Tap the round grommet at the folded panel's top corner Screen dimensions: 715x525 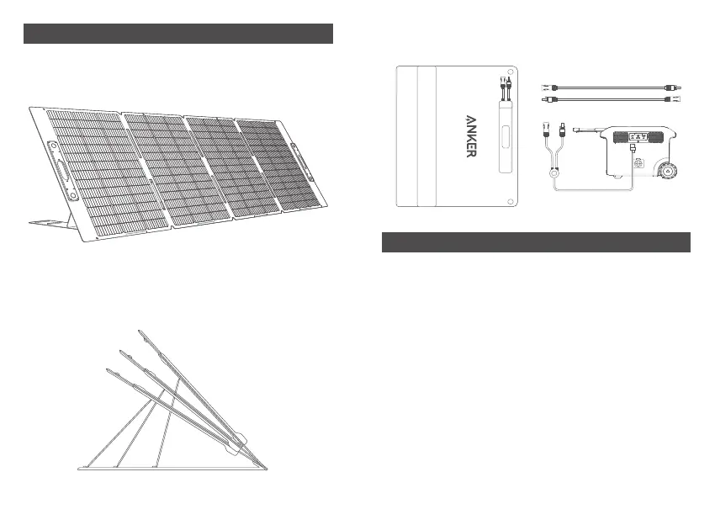coord(512,72)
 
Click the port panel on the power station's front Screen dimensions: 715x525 coord(639,137)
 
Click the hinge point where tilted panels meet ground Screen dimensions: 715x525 coord(262,464)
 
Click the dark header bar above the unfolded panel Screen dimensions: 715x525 coord(178,34)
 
